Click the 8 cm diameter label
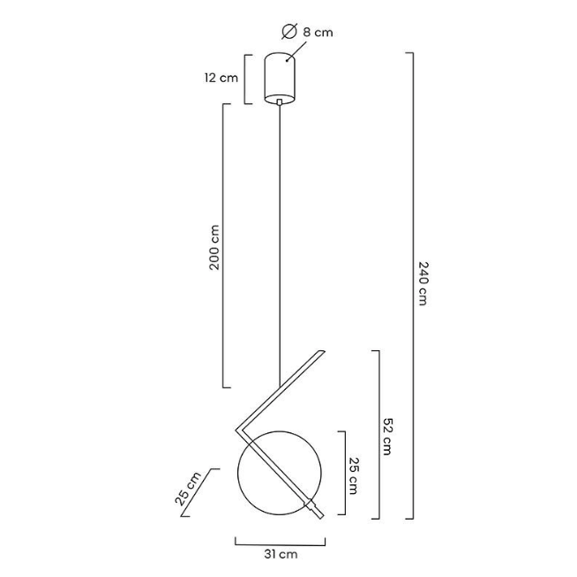[318, 33]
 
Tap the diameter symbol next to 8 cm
[289, 31]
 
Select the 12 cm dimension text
[221, 78]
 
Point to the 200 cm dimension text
[214, 247]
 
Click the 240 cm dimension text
[423, 283]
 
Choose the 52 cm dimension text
[387, 437]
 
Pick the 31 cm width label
[281, 554]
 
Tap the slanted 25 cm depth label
[188, 488]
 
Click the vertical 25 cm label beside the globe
[354, 476]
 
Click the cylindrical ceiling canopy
[280, 78]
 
